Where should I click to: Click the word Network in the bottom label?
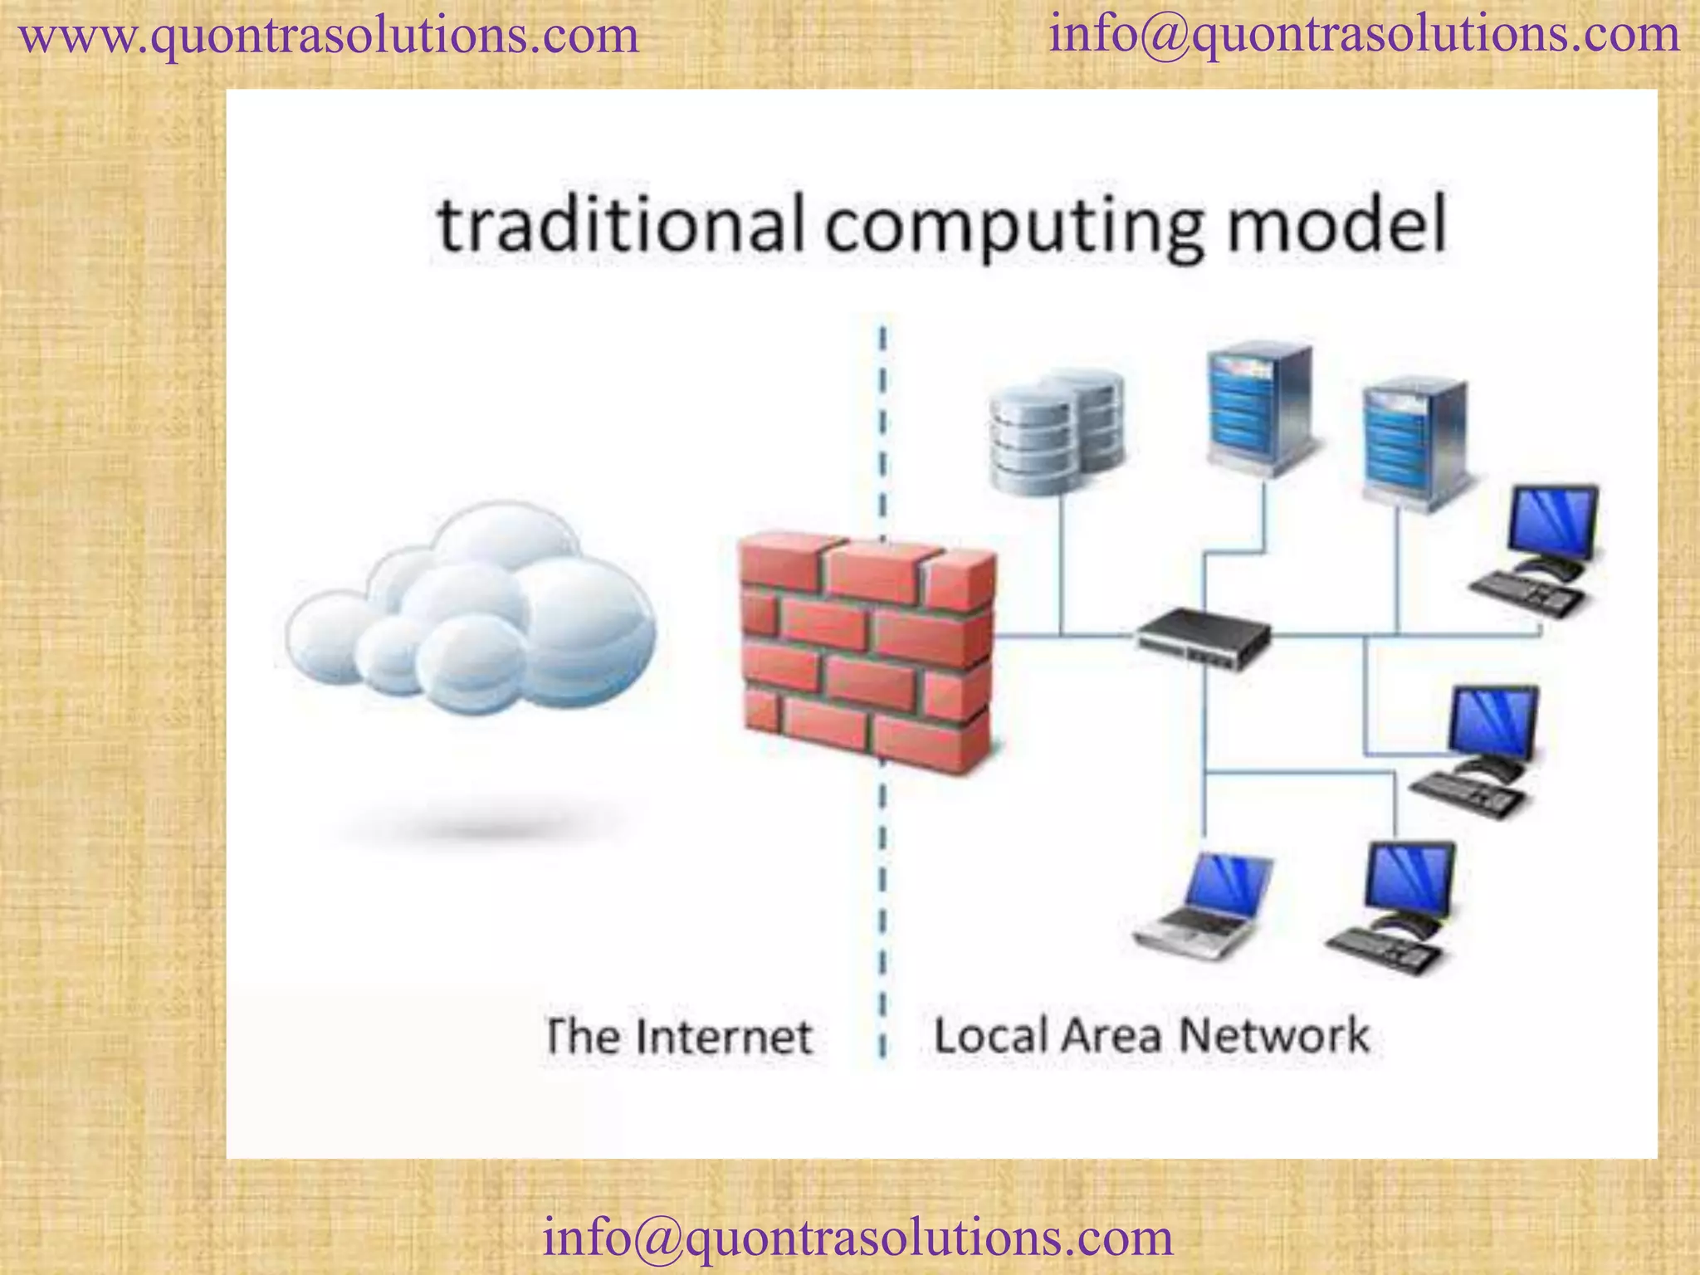[1274, 1035]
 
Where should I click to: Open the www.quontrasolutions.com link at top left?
[329, 37]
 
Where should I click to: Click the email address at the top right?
[1364, 35]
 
